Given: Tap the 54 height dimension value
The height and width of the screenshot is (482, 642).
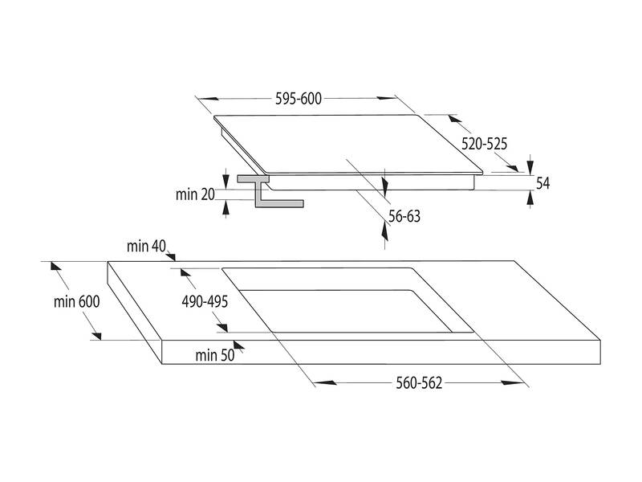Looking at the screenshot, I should pyautogui.click(x=542, y=183).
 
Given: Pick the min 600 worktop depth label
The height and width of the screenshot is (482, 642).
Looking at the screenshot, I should pyautogui.click(x=77, y=303).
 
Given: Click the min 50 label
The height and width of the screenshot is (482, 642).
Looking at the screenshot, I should pyautogui.click(x=213, y=354).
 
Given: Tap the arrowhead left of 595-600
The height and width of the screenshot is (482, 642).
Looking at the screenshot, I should pyautogui.click(x=201, y=100).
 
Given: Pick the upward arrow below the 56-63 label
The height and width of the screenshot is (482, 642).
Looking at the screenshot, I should pyautogui.click(x=385, y=231).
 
